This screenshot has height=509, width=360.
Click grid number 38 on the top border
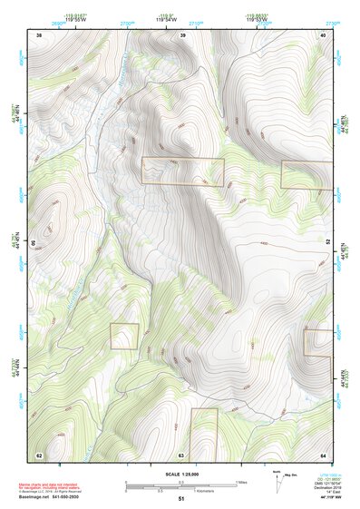(x=39, y=34)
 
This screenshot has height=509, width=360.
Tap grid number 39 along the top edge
(x=183, y=34)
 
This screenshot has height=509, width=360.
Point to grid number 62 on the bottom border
(x=39, y=455)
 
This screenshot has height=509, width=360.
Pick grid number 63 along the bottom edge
(x=181, y=455)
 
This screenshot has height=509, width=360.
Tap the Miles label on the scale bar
(x=241, y=482)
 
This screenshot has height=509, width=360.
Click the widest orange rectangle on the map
(x=182, y=171)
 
